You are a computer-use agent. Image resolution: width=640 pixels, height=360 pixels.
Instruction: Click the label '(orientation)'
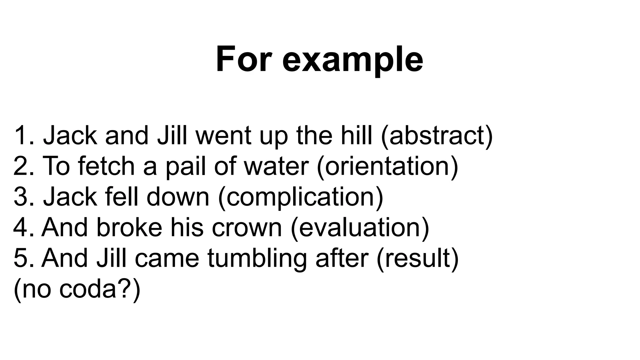[387, 166]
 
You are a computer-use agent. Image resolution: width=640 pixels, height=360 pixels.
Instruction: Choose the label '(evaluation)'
[360, 227]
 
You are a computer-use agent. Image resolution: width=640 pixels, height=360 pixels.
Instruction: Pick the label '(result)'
[417, 258]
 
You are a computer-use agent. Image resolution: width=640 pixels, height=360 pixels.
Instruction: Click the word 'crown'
[247, 227]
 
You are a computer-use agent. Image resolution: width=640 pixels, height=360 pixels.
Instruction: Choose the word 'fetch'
[106, 166]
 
